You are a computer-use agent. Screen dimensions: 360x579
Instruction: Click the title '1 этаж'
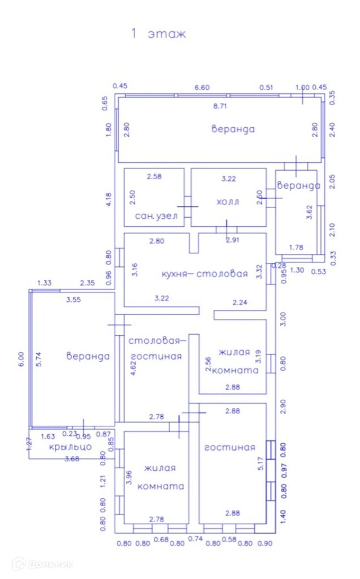point(158,34)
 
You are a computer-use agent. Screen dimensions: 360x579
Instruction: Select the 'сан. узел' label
point(156,216)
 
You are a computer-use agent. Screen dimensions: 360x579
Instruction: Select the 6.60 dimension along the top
point(202,87)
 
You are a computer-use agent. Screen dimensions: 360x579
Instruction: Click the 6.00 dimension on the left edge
point(21,360)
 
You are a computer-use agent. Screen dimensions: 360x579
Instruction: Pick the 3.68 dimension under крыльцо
point(71,459)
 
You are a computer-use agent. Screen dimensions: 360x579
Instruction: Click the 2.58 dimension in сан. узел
point(154,177)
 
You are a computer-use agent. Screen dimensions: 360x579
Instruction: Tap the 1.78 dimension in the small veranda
point(296,247)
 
